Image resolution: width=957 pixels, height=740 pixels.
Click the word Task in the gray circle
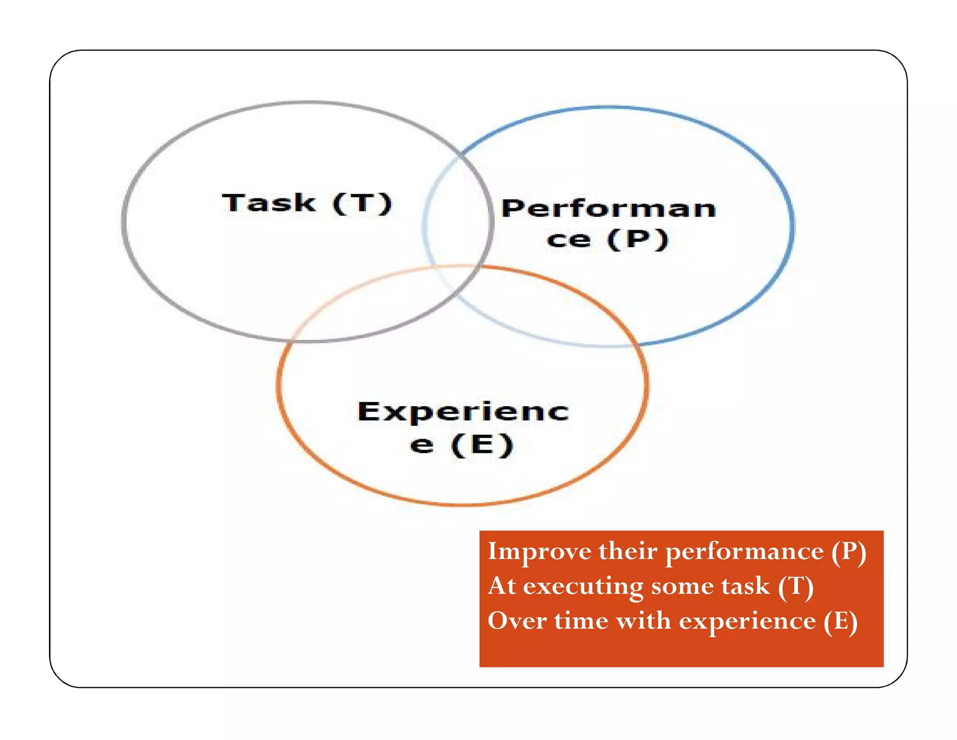pos(269,203)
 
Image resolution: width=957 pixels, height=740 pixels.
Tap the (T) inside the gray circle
pos(362,204)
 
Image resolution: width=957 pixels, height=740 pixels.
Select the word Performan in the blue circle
pos(608,209)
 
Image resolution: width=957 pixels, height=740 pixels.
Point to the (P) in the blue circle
pos(638,239)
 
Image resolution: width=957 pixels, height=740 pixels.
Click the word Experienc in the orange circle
pos(463,412)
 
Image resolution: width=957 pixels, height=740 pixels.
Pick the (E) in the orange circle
pos(483,444)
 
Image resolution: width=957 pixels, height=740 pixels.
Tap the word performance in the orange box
pos(744,551)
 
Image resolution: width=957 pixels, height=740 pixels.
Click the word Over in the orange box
pos(517,621)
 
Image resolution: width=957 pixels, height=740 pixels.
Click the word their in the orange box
pos(628,551)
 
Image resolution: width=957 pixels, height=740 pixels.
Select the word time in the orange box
pos(581,621)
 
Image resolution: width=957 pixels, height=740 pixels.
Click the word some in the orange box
pos(682,586)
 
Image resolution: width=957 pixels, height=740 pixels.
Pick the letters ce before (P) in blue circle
pos(568,240)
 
